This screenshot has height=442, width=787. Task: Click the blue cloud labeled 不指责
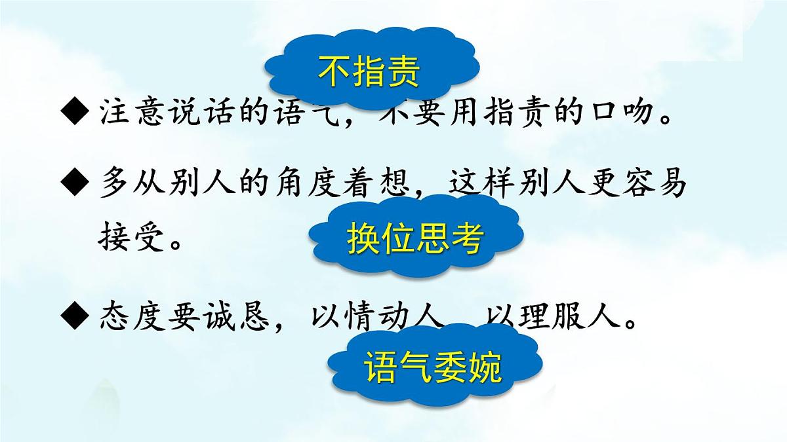pyautogui.click(x=369, y=71)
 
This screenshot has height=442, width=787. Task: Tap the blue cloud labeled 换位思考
pyautogui.click(x=415, y=238)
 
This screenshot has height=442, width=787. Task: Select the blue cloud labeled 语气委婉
pyautogui.click(x=433, y=367)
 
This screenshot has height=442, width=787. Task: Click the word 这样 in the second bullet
pyautogui.click(x=482, y=185)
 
